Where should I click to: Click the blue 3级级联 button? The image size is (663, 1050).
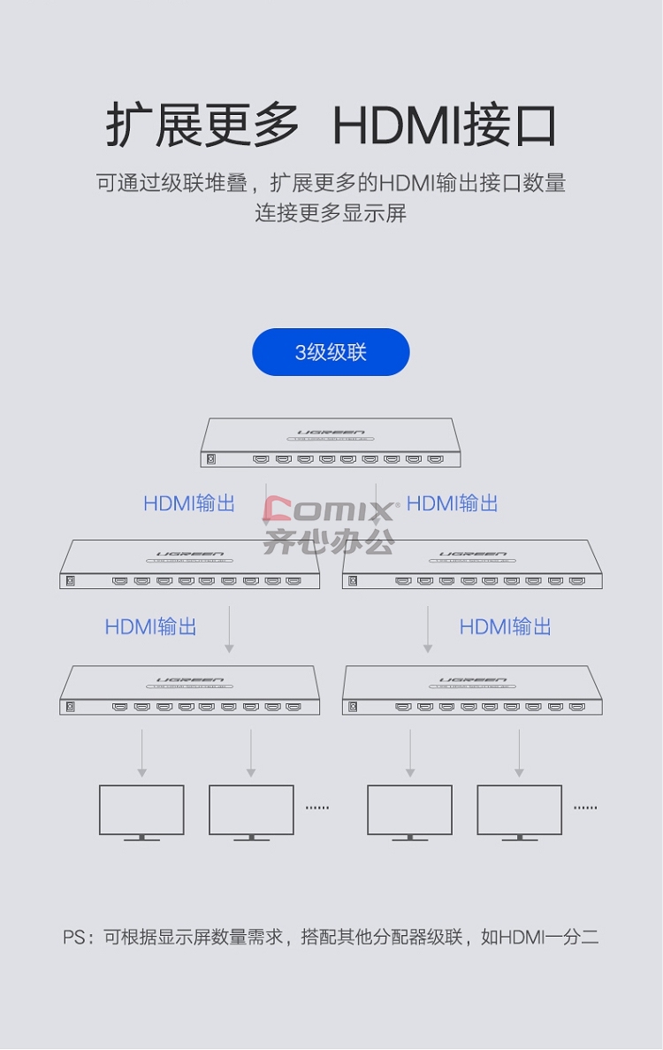coord(331,351)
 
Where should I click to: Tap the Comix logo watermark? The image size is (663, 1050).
coord(330,525)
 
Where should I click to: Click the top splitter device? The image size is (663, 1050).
coord(331,442)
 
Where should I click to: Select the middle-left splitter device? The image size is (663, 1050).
coord(189,564)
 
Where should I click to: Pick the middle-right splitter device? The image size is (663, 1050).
coord(472,564)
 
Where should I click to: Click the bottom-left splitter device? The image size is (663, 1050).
coord(189,690)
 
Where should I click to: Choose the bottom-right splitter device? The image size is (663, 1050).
coord(472,690)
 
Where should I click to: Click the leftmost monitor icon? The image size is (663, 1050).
coord(141,812)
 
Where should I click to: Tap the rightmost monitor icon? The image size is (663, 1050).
coord(519,812)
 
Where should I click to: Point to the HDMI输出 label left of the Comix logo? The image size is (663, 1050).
coord(189,503)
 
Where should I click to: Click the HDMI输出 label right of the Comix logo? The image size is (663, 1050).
coord(453,503)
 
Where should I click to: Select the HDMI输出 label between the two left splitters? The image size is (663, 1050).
coord(150,627)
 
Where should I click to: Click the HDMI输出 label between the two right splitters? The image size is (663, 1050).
coord(505,627)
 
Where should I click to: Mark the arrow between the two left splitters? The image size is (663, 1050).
coord(229,630)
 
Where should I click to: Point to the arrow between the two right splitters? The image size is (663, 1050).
coord(428,630)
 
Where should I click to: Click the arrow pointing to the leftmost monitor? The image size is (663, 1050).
coord(141,754)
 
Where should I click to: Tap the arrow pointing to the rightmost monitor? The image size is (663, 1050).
coord(519,754)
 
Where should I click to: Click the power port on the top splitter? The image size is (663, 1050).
coord(210,459)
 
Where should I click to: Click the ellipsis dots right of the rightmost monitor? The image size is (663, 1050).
coord(585,808)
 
